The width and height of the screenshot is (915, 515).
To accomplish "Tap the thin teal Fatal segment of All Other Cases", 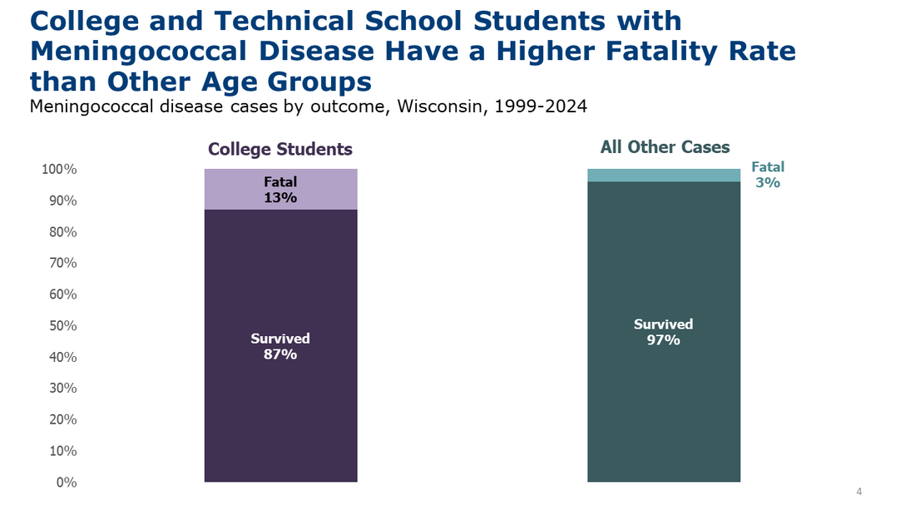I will tap(664, 175).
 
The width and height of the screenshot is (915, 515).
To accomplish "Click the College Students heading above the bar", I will tap(280, 150).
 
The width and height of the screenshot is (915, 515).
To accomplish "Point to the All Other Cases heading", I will tap(665, 148).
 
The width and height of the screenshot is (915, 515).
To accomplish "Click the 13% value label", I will tap(280, 198).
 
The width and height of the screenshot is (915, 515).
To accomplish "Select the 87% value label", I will tap(280, 354).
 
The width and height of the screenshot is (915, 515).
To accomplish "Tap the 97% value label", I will tap(664, 339).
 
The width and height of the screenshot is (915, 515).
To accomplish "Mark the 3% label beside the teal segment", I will tap(768, 183).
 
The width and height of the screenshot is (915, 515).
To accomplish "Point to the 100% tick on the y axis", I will tap(59, 170).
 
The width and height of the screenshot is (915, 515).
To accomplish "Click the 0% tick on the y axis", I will tap(67, 483).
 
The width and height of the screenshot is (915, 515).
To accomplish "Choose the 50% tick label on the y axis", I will tap(62, 326).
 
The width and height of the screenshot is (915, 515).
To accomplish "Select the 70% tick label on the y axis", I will tap(62, 264).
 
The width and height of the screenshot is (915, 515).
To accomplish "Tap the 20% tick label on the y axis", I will tap(62, 420).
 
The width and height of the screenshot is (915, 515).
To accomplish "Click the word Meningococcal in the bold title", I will tap(126, 52).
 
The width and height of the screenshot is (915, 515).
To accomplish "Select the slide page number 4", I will tap(859, 493).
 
